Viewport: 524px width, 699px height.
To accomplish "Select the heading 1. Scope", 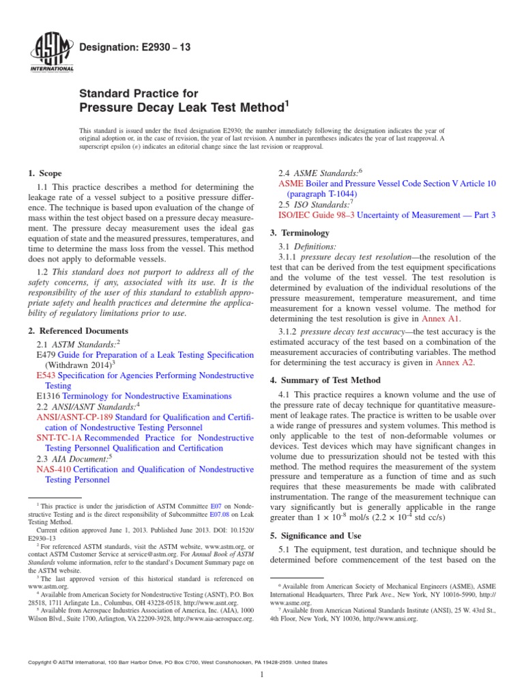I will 45,174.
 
